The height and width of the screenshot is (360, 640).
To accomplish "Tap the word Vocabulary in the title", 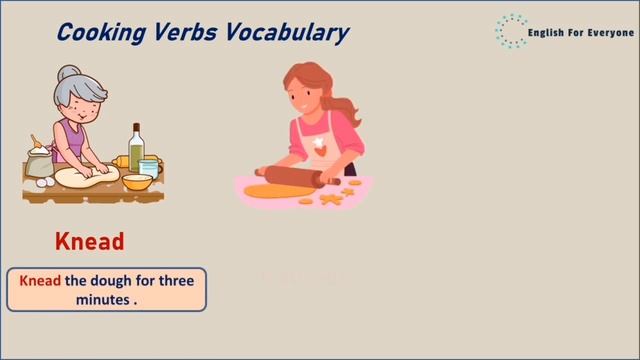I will click(x=290, y=32).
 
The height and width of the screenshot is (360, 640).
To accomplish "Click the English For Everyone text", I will click(x=580, y=33).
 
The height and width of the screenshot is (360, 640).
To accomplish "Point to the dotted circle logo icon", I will click(x=511, y=31).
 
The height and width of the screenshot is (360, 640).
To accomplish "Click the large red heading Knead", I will click(x=90, y=241).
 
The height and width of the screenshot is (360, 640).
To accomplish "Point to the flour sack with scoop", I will click(x=40, y=160).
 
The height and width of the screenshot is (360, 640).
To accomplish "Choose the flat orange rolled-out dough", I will click(x=275, y=190).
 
